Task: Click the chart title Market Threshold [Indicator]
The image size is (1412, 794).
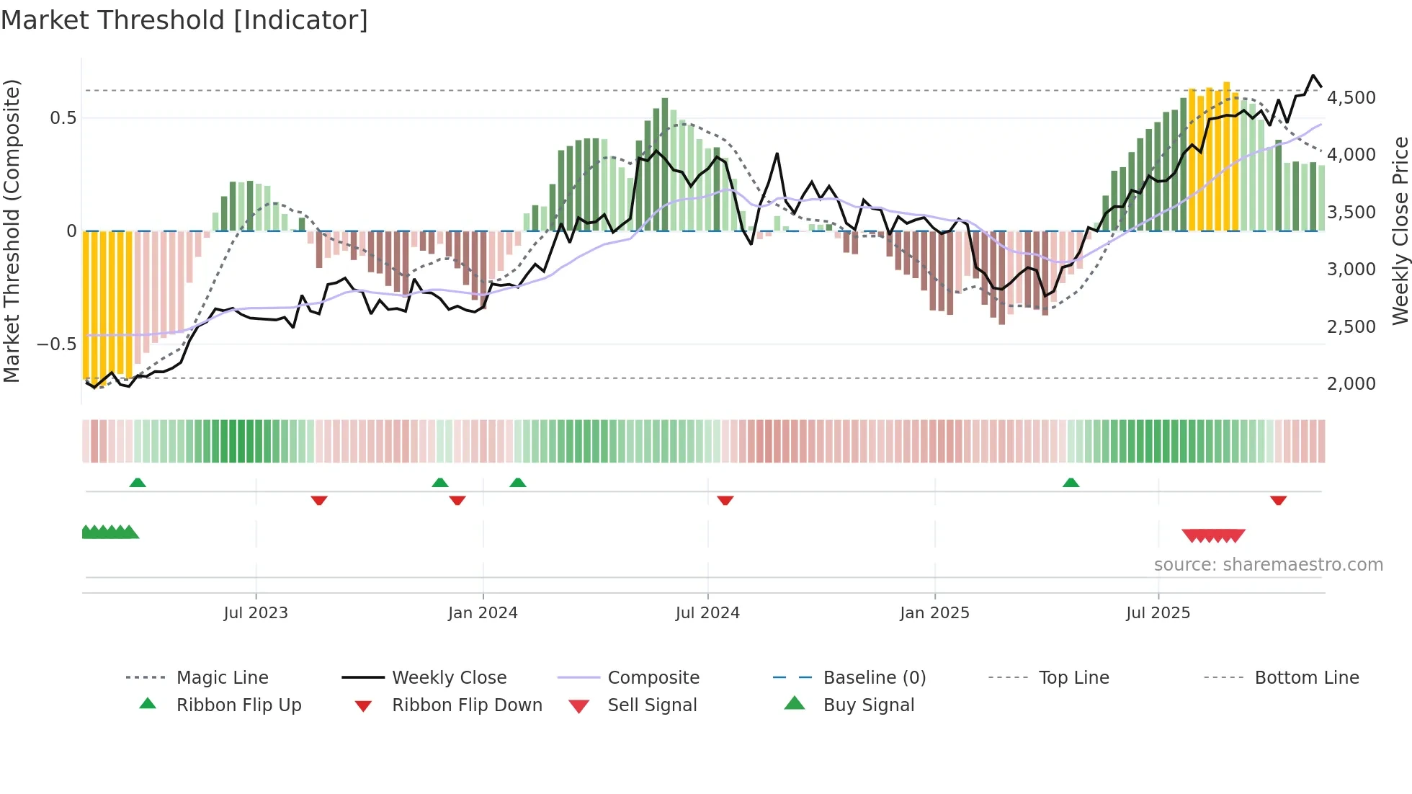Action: coord(184,20)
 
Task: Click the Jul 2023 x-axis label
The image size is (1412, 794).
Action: coord(255,613)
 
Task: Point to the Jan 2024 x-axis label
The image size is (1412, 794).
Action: coord(483,613)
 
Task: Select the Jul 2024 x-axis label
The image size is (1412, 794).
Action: coord(707,613)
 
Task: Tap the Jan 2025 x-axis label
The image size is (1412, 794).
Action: coord(934,613)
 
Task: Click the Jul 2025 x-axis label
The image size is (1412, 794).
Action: coord(1158,613)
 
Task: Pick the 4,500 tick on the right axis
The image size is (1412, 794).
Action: coord(1351,98)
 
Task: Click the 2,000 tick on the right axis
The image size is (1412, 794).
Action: coord(1351,384)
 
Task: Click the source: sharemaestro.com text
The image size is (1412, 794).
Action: coord(1268,565)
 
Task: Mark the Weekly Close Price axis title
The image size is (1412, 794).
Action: coord(1400,231)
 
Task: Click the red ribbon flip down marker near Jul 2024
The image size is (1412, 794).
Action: coord(725,500)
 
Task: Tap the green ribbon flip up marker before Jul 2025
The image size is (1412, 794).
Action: coord(1071,483)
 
